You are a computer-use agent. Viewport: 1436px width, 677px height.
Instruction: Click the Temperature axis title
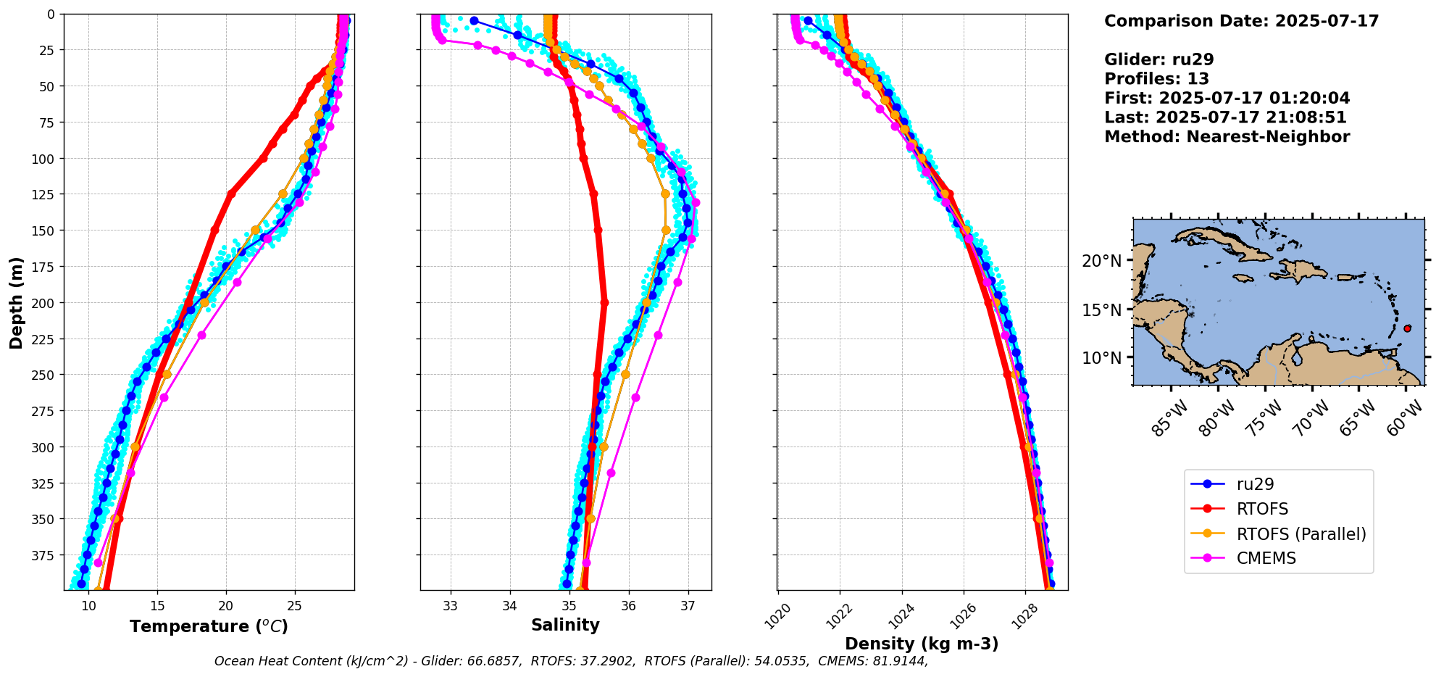pyautogui.click(x=209, y=626)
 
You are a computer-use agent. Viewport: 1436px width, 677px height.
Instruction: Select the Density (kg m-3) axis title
pyautogui.click(x=922, y=644)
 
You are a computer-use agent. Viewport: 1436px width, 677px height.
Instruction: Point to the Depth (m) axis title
pyautogui.click(x=16, y=302)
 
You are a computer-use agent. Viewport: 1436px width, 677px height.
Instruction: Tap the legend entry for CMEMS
pyautogui.click(x=1266, y=558)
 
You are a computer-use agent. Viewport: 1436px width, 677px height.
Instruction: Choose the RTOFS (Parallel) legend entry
pyautogui.click(x=1301, y=534)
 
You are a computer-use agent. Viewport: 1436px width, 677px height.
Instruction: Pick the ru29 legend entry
pyautogui.click(x=1255, y=485)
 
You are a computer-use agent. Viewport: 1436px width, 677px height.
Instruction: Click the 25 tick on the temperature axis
pyautogui.click(x=294, y=606)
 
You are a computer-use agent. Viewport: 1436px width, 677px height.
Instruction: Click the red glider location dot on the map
pyautogui.click(x=1407, y=328)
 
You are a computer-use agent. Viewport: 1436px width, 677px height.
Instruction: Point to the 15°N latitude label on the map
pyautogui.click(x=1101, y=310)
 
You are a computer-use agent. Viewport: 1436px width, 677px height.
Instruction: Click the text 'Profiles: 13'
pyautogui.click(x=1156, y=79)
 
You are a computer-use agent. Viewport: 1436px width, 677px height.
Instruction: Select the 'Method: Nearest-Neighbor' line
pyautogui.click(x=1227, y=137)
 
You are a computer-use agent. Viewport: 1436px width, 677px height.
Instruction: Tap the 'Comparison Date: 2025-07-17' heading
pyautogui.click(x=1241, y=21)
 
